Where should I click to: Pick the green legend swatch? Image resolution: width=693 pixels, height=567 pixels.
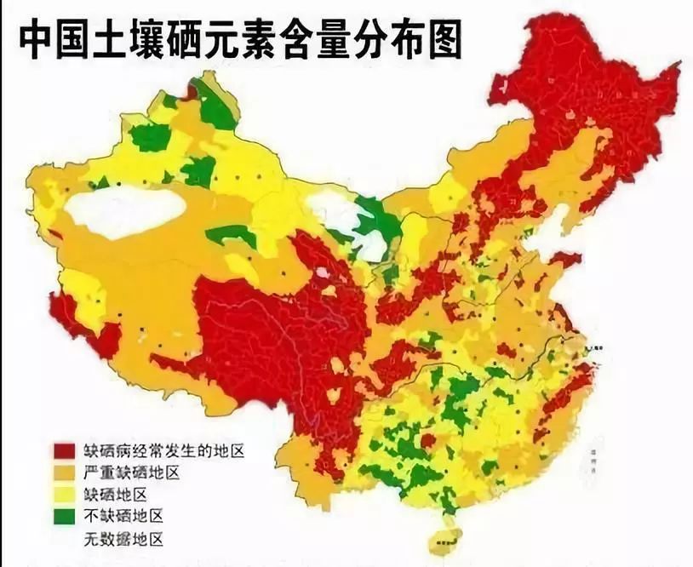coord(65,516)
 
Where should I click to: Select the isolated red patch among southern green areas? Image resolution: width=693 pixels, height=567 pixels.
coord(427,440)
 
